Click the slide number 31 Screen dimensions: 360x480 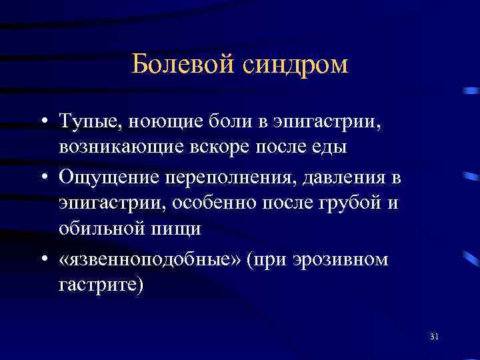point(435,335)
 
